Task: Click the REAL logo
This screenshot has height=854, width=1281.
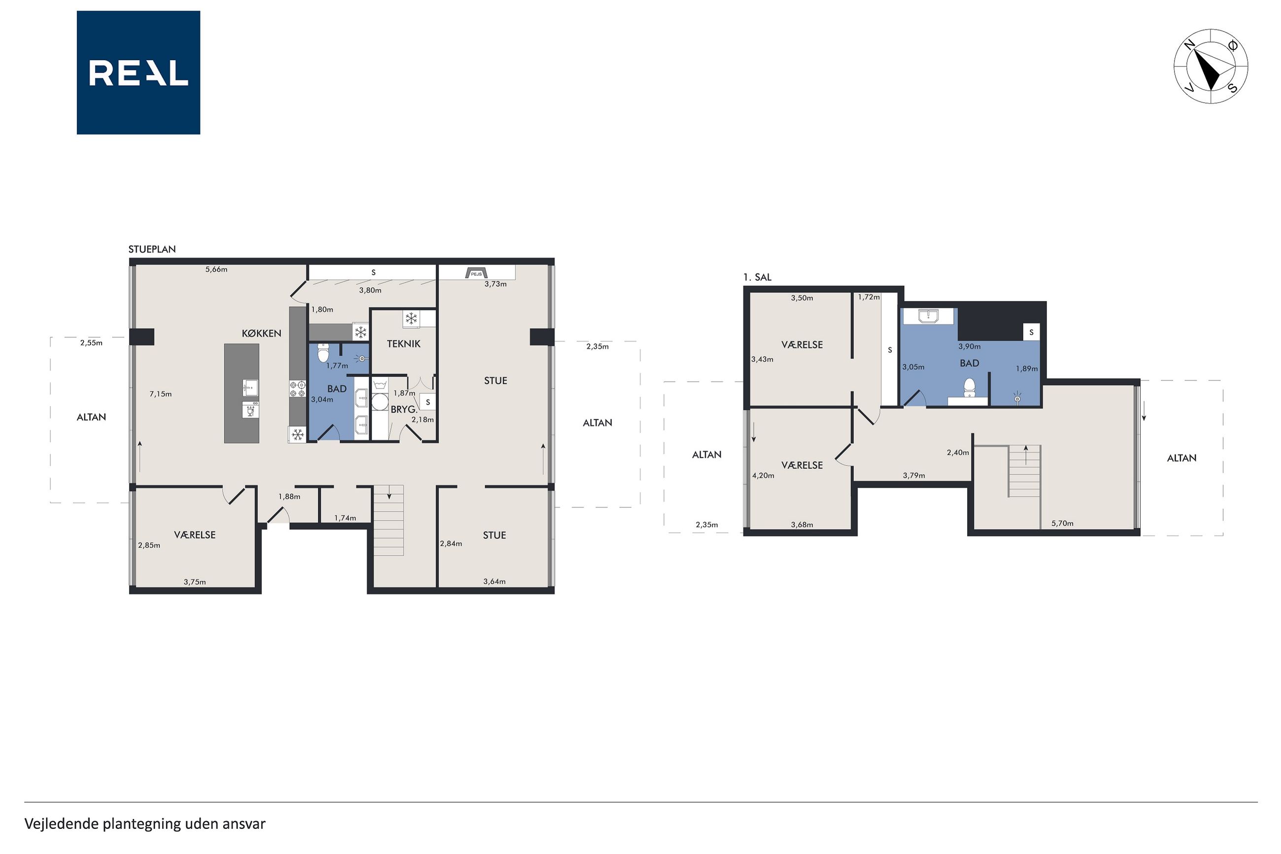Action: [x=138, y=72]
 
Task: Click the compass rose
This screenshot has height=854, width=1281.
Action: [x=1211, y=67]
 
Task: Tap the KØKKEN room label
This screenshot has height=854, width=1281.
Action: [x=261, y=333]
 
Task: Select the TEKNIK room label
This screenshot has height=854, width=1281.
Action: [x=404, y=343]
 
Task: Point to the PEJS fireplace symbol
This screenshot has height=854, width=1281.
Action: [x=476, y=273]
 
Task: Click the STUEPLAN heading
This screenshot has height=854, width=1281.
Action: [x=152, y=249]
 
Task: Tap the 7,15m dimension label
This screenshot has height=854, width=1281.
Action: [x=161, y=394]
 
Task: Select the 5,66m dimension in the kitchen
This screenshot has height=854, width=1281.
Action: [x=216, y=269]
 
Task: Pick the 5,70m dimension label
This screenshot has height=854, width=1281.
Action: [x=1062, y=523]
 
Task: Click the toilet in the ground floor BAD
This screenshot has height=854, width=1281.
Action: [x=323, y=353]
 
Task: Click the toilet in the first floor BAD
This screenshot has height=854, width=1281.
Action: [x=969, y=388]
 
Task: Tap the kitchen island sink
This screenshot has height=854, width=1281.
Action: [x=250, y=388]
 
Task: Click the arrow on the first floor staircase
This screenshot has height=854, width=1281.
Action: [x=1026, y=455]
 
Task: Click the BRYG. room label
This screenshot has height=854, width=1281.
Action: [x=404, y=410]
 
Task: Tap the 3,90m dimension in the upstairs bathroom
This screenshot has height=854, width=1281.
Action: [x=970, y=346]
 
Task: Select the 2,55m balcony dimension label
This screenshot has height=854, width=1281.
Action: [x=92, y=342]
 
